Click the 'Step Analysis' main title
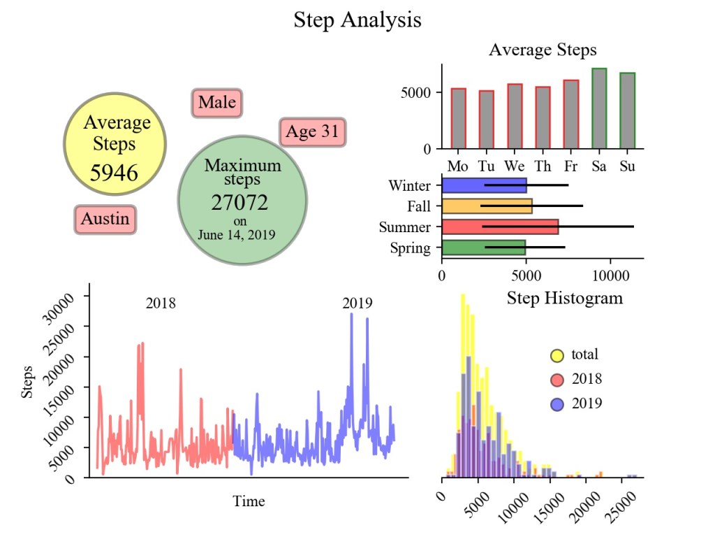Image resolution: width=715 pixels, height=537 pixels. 357,20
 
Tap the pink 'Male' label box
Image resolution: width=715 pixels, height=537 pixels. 216,103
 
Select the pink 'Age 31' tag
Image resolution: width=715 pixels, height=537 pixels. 312,131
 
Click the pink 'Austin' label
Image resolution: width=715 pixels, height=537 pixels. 105,219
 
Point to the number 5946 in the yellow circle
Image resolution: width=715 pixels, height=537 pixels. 115,173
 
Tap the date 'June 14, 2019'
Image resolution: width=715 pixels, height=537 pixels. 237,235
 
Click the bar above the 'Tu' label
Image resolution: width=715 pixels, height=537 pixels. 486,120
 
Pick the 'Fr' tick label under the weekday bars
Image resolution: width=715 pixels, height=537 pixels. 570,167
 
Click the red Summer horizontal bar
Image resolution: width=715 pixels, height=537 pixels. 500,227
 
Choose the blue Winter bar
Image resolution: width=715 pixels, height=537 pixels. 484,185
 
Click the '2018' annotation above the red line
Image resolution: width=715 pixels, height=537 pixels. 161,303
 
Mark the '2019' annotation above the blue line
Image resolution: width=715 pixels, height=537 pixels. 357,303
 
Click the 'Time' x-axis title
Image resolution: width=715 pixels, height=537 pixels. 249,501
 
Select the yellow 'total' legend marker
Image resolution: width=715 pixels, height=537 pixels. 557,355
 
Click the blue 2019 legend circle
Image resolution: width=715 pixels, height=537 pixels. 557,403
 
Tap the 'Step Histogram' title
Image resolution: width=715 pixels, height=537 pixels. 564,299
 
